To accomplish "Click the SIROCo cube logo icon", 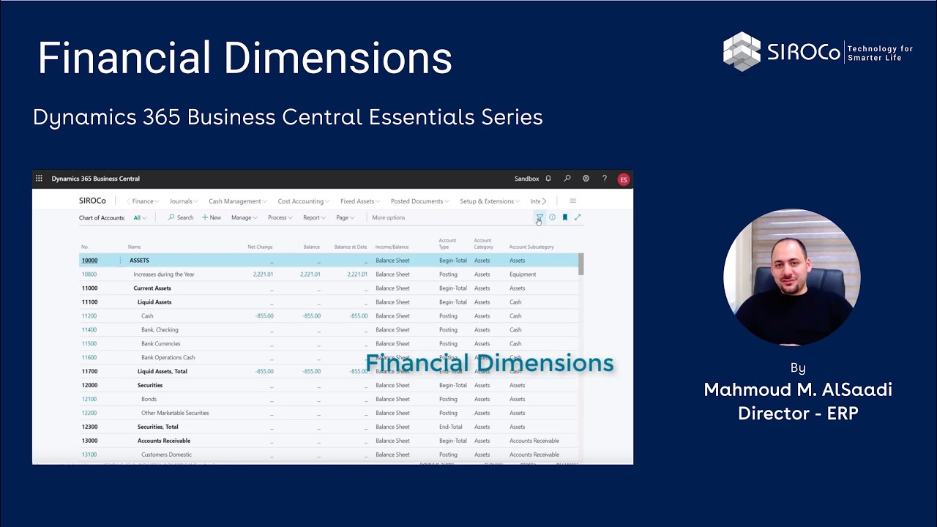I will coord(742,52).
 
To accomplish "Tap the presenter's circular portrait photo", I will coord(791,277).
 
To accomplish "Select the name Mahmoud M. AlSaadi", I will coord(797,389).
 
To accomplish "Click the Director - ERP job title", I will coord(797,414).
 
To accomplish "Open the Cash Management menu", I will coord(235,201).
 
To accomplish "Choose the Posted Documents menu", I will coord(417,201).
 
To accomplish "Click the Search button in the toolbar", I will coord(181,217).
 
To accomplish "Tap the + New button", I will coord(212,217).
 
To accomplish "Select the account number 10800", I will coord(89,274).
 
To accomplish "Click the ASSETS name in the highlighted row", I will coord(139,261).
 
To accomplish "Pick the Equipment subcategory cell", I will coord(523,274).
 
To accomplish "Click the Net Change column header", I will coord(260,247).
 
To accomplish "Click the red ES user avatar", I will coord(623,179).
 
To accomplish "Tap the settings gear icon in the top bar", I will coord(586,179).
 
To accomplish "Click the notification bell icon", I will coord(548,179).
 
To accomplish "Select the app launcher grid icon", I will coord(39,179).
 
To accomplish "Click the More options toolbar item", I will coord(388,217).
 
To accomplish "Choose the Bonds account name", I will coord(149,399).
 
